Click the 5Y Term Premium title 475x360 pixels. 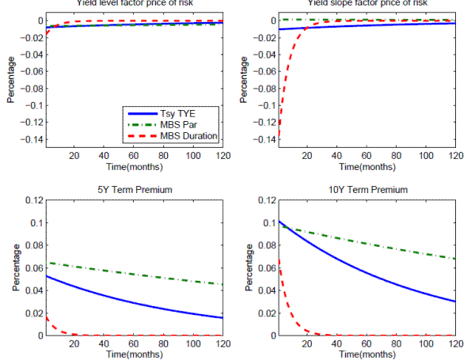[x=133, y=190]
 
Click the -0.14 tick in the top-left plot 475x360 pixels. [x=31, y=139]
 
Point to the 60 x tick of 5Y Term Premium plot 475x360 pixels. [x=134, y=344]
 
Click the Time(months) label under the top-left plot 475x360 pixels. [x=134, y=167]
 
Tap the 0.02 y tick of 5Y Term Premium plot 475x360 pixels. [x=34, y=313]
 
